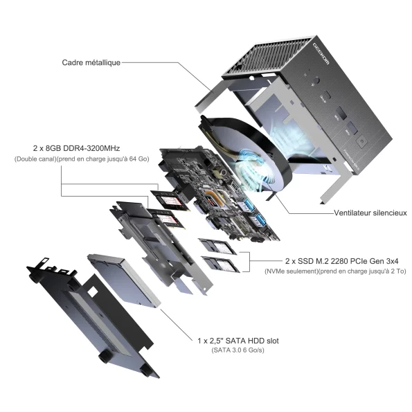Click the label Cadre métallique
pos(91,62)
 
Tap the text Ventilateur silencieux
pos(370,213)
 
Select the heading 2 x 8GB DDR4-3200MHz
pos(76,148)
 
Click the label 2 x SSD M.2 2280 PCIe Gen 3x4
pos(341,261)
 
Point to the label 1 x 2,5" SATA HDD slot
pos(238,341)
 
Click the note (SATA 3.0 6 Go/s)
pos(238,350)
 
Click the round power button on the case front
pos(362,141)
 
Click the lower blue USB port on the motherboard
pos(260,220)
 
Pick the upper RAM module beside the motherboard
pos(170,200)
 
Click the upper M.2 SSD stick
pos(217,247)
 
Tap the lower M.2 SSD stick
pos(220,265)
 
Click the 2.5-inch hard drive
pos(124,280)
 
